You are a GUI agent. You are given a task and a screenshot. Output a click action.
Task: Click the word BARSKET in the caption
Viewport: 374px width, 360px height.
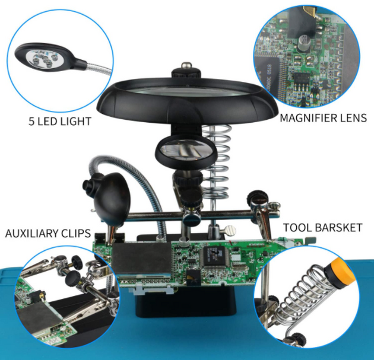pos(339,228)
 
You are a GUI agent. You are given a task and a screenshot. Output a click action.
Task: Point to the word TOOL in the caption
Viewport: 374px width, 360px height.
pos(298,228)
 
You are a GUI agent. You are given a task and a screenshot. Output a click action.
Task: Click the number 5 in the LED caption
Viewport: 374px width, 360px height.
pos(31,121)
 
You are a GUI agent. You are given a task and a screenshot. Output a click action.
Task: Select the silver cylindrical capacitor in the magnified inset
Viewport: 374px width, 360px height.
pos(305,44)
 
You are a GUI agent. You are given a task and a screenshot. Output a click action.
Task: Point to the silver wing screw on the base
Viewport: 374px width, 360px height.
pos(230,230)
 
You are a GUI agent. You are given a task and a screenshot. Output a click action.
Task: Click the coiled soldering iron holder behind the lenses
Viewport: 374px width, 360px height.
pos(217,162)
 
